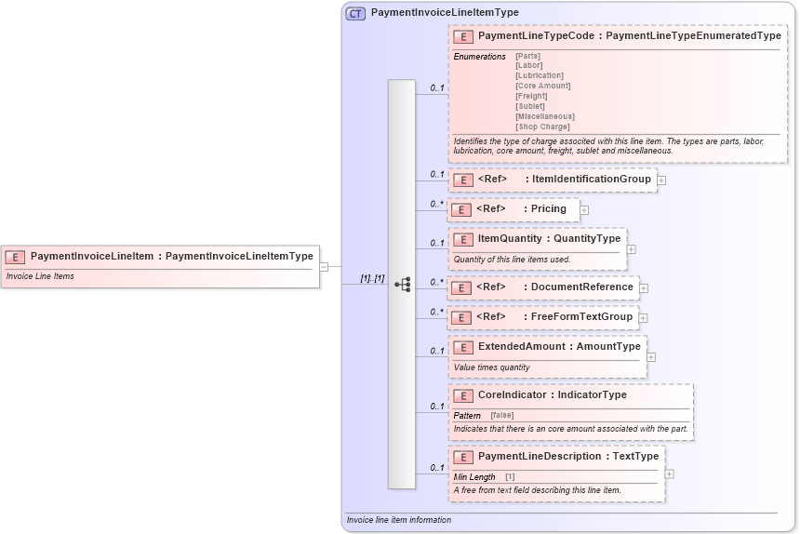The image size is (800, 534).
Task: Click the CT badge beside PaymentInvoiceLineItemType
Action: point(355,13)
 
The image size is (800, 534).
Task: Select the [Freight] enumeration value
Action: point(531,96)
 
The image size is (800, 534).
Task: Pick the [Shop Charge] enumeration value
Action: point(542,127)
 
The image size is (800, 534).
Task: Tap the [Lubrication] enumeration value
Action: point(539,75)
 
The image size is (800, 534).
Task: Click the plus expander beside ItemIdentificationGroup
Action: point(661,180)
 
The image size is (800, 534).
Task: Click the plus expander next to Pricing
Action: point(584,210)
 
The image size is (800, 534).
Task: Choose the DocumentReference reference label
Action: point(582,287)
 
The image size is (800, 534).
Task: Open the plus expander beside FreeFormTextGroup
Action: point(644,318)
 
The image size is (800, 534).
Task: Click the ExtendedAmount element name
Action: point(521,346)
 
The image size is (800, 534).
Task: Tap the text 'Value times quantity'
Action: point(491,367)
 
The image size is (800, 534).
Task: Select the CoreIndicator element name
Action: point(513,394)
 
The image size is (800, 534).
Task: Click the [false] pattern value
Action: point(501,415)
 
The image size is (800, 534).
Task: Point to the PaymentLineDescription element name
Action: point(540,456)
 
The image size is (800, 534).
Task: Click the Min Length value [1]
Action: point(510,477)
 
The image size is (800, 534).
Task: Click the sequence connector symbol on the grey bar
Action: point(403,284)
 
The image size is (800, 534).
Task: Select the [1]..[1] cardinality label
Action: point(372,278)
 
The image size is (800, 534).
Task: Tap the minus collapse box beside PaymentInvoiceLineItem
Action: point(324,266)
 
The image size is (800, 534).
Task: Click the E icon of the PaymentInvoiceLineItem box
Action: point(15,256)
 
